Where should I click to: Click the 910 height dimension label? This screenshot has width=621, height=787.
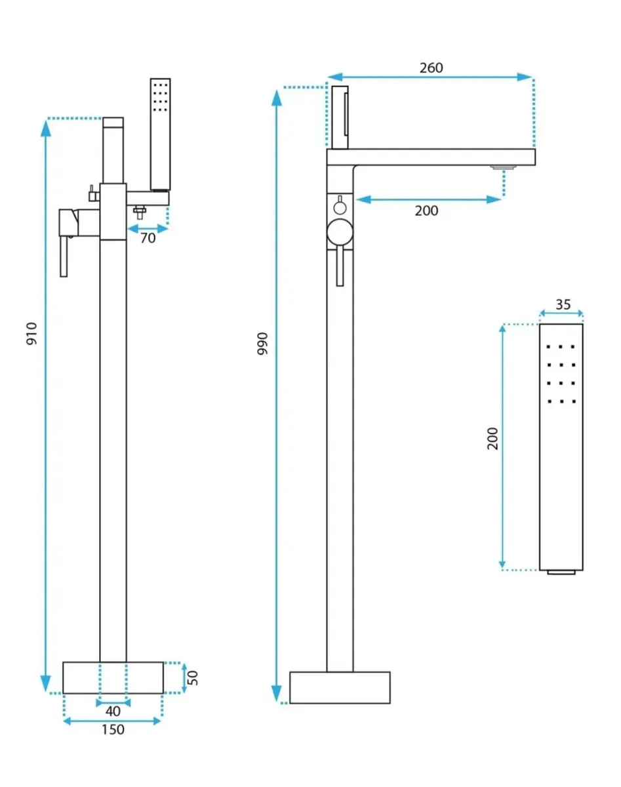click(31, 334)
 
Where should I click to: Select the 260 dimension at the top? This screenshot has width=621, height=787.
click(431, 68)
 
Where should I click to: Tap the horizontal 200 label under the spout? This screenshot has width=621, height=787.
click(426, 211)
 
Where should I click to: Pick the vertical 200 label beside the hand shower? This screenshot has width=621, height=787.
click(492, 438)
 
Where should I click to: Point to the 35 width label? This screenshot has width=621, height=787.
click(562, 304)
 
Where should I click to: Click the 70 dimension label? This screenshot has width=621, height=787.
click(148, 238)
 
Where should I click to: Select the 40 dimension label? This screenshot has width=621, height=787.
click(113, 710)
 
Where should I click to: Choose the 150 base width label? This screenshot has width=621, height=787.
click(113, 729)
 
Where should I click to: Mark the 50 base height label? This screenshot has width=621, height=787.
click(193, 677)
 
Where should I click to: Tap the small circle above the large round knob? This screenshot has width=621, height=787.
click(340, 207)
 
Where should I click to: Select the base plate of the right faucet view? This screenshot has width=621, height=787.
click(340, 687)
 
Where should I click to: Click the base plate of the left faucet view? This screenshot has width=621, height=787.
click(113, 677)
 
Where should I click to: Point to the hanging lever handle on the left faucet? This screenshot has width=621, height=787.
click(64, 256)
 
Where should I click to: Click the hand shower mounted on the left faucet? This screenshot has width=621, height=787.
click(160, 134)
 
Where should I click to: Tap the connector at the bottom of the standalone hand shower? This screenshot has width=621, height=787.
click(561, 573)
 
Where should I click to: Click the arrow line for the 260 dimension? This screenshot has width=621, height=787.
click(431, 77)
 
